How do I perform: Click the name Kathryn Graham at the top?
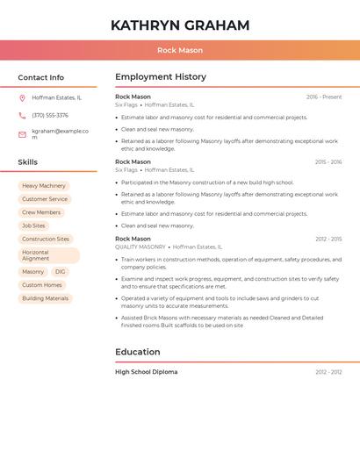[180, 25]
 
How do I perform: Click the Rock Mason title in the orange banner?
[180, 50]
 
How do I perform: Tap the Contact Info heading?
[41, 77]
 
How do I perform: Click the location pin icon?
[22, 97]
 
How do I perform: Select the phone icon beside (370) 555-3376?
[22, 115]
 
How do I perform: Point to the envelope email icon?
[22, 134]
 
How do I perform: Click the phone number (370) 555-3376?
[50, 115]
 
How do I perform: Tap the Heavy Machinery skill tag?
[44, 186]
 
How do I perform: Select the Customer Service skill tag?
[45, 199]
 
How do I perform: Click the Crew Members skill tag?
[41, 212]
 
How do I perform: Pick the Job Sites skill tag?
[33, 225]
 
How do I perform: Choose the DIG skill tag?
[61, 272]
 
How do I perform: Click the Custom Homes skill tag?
[42, 285]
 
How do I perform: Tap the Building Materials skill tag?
[46, 298]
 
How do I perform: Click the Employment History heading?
[161, 77]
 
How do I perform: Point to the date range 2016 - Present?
[324, 97]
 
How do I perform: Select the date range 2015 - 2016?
[328, 162]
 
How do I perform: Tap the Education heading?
[138, 352]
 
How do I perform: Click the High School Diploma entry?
[147, 372]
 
